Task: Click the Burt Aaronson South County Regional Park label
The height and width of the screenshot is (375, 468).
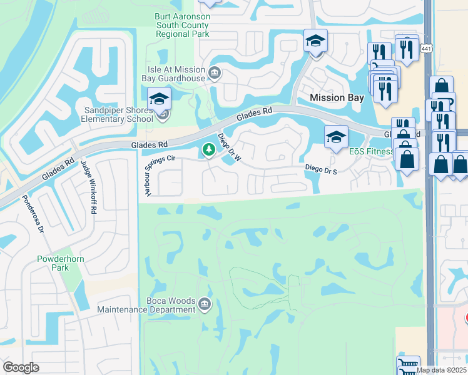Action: click(183, 26)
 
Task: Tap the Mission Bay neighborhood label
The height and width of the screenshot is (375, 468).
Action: click(337, 97)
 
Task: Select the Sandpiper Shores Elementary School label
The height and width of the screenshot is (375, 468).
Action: click(119, 114)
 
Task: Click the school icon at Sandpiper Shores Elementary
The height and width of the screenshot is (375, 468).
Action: click(159, 99)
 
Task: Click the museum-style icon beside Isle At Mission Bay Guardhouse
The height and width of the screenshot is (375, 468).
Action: click(214, 74)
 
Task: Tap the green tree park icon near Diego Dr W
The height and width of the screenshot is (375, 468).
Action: click(208, 151)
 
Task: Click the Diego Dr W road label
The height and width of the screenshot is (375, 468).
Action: click(229, 148)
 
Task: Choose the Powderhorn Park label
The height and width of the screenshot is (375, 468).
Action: click(56, 262)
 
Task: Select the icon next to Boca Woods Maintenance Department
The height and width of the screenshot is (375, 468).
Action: click(205, 305)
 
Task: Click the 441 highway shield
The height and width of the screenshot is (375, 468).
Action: click(427, 48)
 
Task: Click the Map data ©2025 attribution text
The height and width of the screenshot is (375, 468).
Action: click(441, 370)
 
